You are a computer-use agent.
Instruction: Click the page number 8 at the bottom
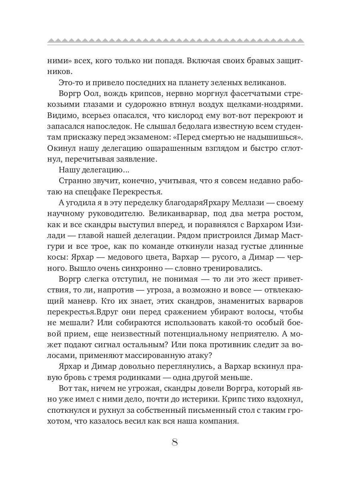click(174, 442)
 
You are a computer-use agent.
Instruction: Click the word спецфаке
click(91, 192)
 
